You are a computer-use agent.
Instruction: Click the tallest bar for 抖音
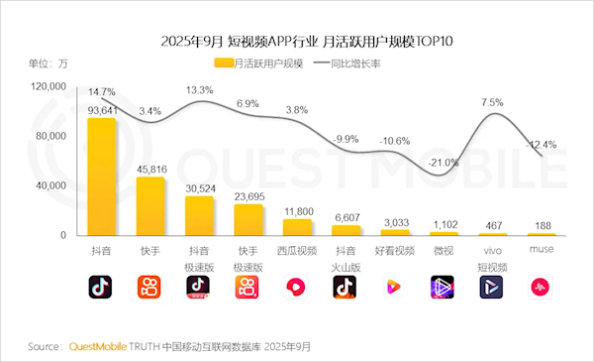(x=102, y=177)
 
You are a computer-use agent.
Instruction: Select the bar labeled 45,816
(x=150, y=206)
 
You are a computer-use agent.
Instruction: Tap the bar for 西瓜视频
(x=297, y=227)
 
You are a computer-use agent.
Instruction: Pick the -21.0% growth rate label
(x=443, y=163)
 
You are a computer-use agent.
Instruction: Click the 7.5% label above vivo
(x=492, y=102)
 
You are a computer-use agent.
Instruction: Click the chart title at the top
(x=296, y=42)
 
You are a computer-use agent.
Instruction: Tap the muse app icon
(x=540, y=287)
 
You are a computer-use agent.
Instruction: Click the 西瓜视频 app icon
(x=297, y=287)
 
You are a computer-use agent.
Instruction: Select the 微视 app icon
(x=443, y=287)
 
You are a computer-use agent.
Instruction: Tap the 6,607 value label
(x=346, y=217)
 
